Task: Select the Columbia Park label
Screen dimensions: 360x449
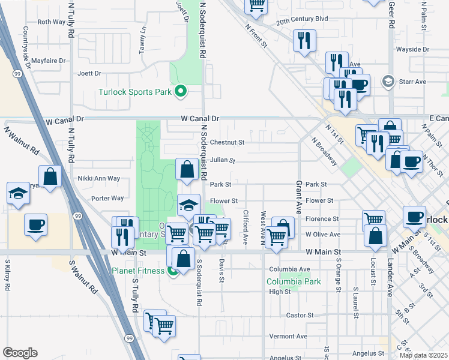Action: point(294,281)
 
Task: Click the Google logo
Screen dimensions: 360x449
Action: point(20,353)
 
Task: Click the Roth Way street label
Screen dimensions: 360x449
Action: point(51,22)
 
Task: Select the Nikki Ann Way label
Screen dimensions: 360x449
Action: point(99,178)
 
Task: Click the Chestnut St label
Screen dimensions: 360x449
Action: point(227,143)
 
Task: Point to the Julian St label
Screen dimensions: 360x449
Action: point(222,161)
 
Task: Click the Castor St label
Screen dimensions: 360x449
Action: point(300,315)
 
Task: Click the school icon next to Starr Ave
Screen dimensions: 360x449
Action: point(388,81)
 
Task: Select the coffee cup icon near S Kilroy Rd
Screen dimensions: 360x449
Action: point(35,225)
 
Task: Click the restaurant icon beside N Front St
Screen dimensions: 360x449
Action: point(304,40)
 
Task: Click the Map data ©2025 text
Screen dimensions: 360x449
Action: point(423,355)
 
